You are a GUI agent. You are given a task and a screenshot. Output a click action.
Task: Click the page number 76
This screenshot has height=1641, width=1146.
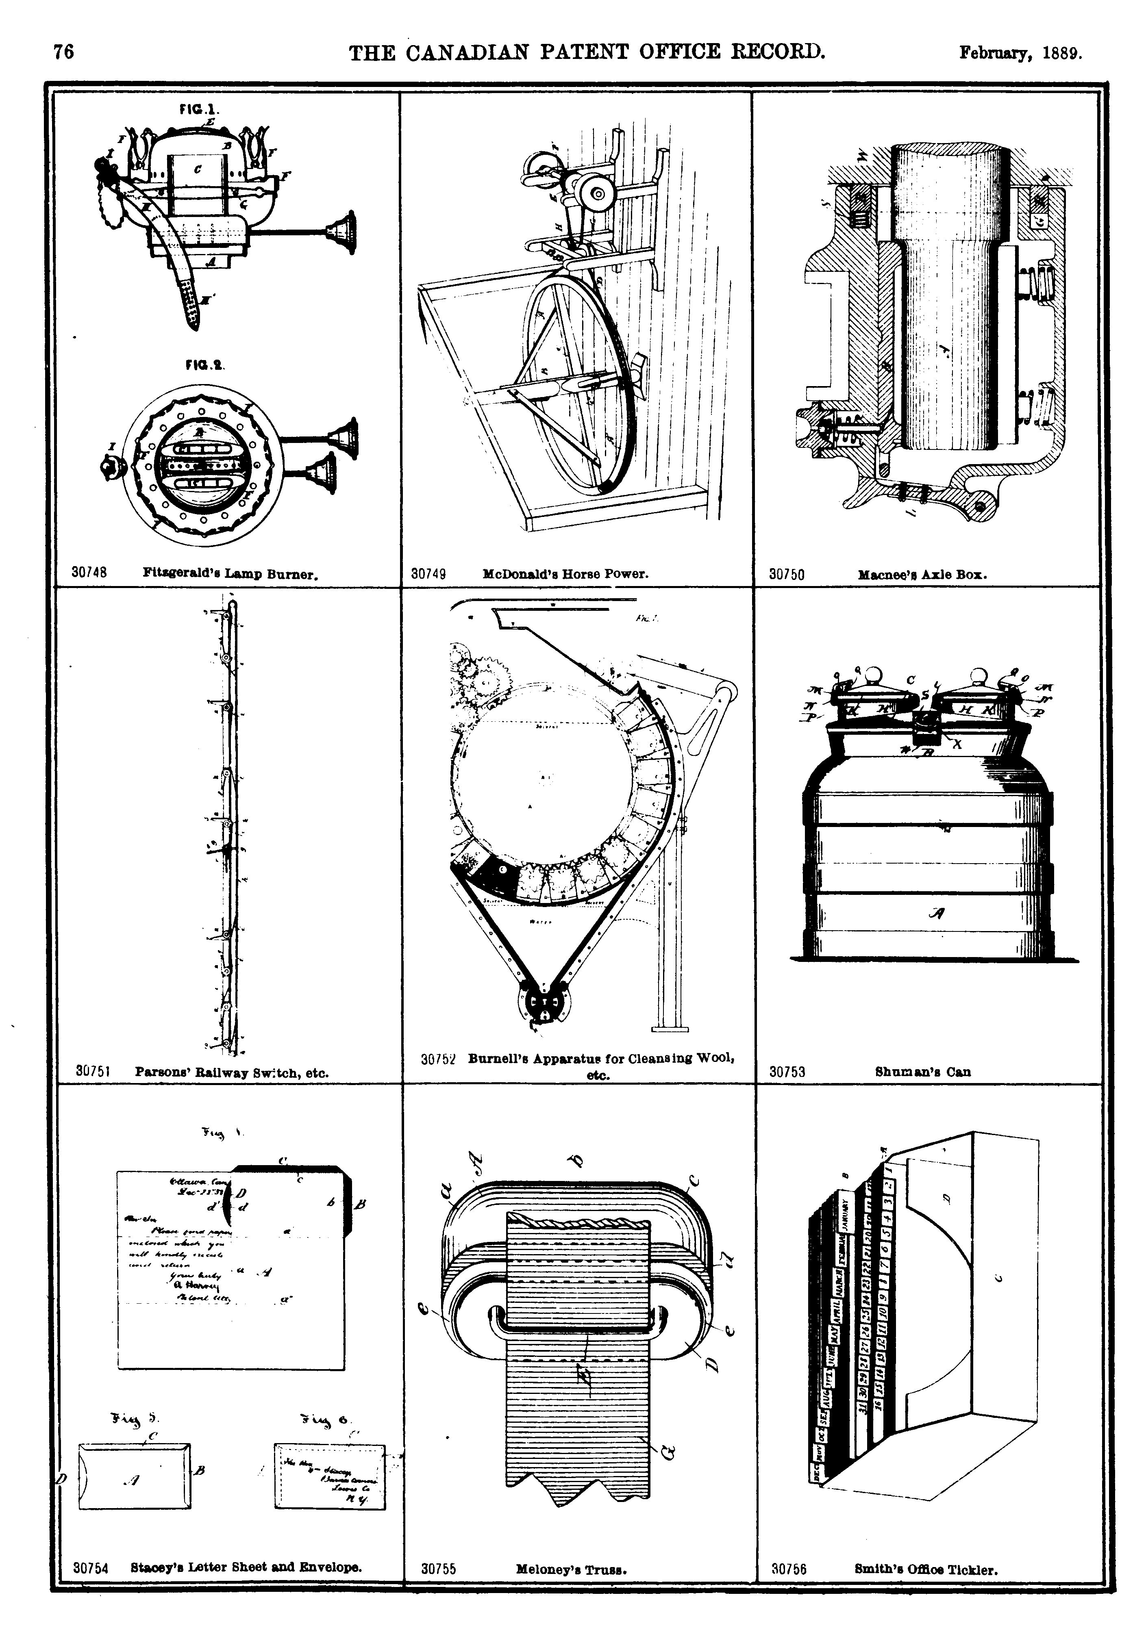pyautogui.click(x=64, y=52)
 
